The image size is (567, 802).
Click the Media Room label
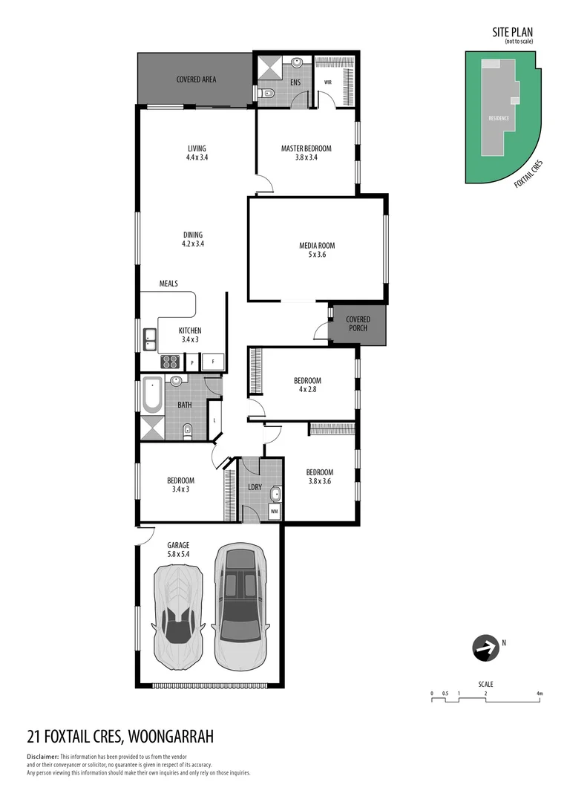click(317, 250)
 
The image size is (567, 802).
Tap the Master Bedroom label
click(306, 152)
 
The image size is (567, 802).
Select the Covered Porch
click(358, 325)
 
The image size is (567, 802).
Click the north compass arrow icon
click(485, 648)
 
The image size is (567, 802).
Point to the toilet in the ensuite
click(268, 93)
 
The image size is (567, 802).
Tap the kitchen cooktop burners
click(171, 362)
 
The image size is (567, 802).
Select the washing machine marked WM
click(274, 511)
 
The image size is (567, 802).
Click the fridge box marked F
click(214, 361)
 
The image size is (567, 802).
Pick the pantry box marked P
click(191, 362)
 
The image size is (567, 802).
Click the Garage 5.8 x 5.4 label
click(178, 550)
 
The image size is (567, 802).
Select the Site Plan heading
click(513, 32)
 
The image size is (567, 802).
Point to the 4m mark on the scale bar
click(540, 694)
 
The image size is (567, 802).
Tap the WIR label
click(327, 82)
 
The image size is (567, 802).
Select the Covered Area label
click(196, 79)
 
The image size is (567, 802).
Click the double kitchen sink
click(149, 339)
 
